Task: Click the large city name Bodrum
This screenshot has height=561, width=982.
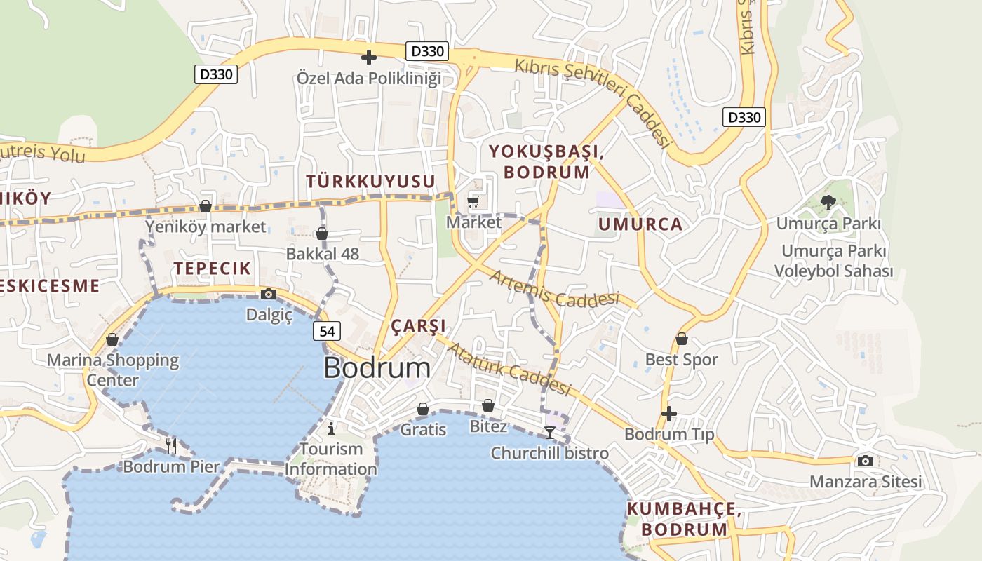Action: (377, 368)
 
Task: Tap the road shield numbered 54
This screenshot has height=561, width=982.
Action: (328, 331)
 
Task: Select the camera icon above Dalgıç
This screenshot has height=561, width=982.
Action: (269, 295)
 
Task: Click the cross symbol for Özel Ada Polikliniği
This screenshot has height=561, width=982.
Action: (369, 57)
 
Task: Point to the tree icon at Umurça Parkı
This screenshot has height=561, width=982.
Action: (828, 203)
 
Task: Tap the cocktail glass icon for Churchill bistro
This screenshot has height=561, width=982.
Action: (550, 432)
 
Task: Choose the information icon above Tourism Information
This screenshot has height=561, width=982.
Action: (332, 428)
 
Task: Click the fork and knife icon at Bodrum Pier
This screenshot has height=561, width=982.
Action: (170, 445)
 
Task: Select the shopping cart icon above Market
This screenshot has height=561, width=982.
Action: (473, 202)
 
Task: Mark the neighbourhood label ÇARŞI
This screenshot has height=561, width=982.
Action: (418, 326)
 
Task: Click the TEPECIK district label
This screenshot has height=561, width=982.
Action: (213, 268)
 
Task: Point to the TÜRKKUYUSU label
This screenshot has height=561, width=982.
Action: (370, 182)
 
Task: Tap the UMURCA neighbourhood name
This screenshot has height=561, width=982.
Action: (640, 224)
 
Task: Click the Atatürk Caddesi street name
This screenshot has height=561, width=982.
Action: (509, 369)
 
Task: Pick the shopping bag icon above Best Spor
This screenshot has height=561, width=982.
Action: (681, 339)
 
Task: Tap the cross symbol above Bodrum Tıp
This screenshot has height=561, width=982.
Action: (669, 414)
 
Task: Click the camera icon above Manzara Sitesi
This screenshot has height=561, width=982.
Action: (866, 461)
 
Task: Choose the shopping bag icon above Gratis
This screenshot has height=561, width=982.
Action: (423, 409)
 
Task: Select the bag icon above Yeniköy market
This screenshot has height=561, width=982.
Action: (206, 206)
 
